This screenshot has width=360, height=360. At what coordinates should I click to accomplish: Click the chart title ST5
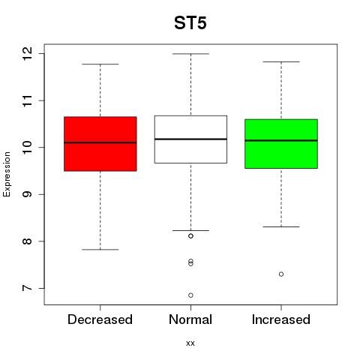190,23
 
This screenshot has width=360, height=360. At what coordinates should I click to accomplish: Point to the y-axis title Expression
7,174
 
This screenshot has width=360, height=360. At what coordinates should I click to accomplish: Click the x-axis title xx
190,343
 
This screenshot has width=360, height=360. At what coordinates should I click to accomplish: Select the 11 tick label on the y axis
28,100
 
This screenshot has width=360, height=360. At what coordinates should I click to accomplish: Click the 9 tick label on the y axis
28,194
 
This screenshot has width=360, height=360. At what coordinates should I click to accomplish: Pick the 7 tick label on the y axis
28,288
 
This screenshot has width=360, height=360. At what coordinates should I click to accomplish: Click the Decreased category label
100,319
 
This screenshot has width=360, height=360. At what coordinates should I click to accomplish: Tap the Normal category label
190,319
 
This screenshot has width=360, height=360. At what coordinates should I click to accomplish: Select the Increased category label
281,319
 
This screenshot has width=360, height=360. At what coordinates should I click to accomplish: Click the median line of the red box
100,142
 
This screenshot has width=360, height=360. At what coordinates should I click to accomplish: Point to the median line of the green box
281,140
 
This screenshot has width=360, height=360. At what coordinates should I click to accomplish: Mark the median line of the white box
190,139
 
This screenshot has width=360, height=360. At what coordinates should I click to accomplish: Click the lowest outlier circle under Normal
190,295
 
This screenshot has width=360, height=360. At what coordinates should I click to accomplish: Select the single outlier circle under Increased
281,274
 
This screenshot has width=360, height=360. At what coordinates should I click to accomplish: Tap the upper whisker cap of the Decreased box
100,64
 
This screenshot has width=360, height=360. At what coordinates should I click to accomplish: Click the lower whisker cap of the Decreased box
100,250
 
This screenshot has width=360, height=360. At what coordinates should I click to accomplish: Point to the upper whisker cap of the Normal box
190,54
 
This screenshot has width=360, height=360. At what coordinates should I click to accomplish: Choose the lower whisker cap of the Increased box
281,226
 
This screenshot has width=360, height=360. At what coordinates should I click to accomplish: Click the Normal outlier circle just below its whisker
190,236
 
